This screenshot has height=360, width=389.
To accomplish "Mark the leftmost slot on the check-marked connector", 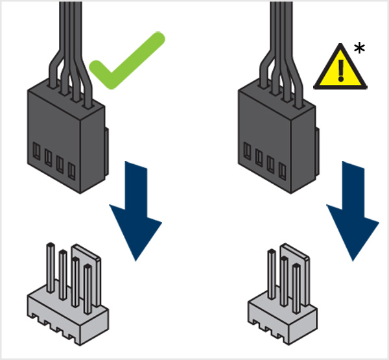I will (x=37, y=155).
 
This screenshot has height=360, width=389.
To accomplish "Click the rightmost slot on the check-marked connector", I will (x=71, y=170).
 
